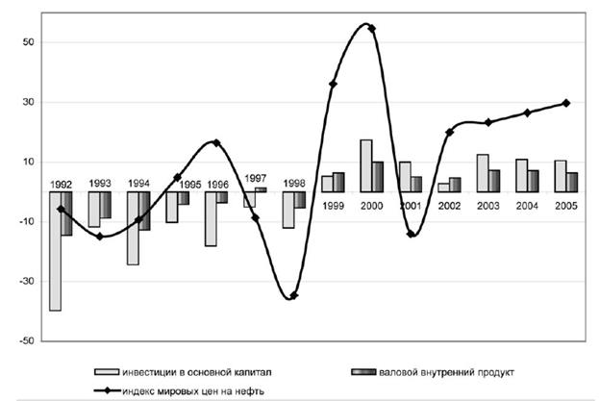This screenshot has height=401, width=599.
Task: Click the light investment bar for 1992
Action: pos(56,251)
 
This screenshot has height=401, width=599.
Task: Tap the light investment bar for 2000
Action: pos(366,165)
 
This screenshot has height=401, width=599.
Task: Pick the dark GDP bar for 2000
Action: pos(378,177)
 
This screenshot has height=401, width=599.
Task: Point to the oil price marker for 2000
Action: pos(372,28)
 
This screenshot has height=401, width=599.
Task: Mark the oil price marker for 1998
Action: pos(293,295)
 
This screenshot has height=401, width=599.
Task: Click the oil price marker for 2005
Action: pos(566,103)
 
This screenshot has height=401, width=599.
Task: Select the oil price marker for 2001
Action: pos(411,234)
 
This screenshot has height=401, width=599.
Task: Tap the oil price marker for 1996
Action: pos(216,142)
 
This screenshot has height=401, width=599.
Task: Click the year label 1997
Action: pos(255,178)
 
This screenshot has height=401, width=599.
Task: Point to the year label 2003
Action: pos(488,206)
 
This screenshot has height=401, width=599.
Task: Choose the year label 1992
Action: pos(61,183)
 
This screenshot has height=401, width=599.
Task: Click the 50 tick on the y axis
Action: pos(28,42)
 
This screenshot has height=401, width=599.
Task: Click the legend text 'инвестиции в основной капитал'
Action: pos(201,370)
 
